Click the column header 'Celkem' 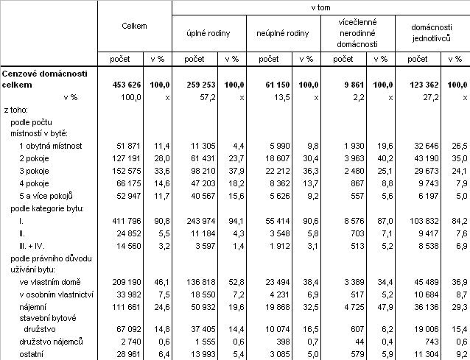(x=134, y=26)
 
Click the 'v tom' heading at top (x=320, y=6)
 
